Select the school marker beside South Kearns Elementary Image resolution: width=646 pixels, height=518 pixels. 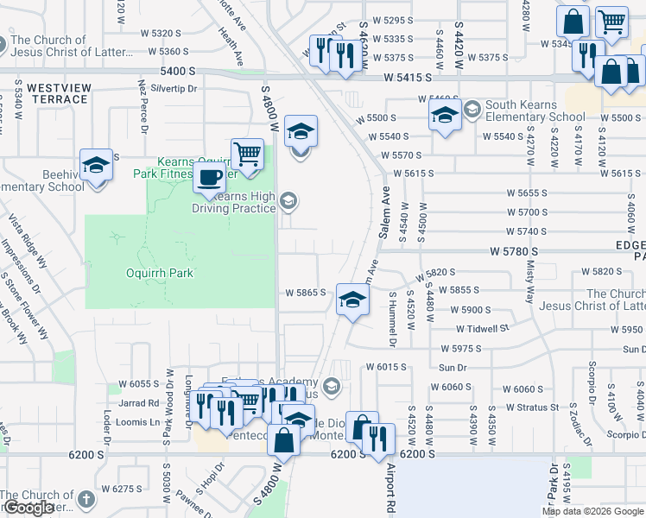445,113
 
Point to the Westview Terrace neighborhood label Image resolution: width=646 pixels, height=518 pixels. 57,93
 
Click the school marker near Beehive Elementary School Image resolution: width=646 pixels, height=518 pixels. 96,164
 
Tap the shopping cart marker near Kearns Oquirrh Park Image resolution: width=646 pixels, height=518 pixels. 248,154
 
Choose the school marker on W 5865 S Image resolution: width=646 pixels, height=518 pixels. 352,300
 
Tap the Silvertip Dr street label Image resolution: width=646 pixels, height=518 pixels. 174,88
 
